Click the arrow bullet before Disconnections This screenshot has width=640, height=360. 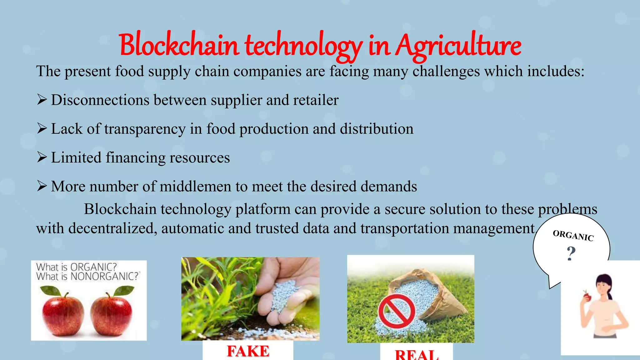tap(42, 100)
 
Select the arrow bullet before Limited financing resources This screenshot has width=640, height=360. tap(42, 157)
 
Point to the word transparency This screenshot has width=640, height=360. tap(145, 129)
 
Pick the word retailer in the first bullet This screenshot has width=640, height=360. tap(316, 100)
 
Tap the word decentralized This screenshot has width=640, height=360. tap(112, 228)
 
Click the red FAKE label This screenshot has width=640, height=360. tap(248, 351)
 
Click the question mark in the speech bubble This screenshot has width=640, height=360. tap(571, 253)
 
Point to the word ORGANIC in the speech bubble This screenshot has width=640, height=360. tap(573, 235)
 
